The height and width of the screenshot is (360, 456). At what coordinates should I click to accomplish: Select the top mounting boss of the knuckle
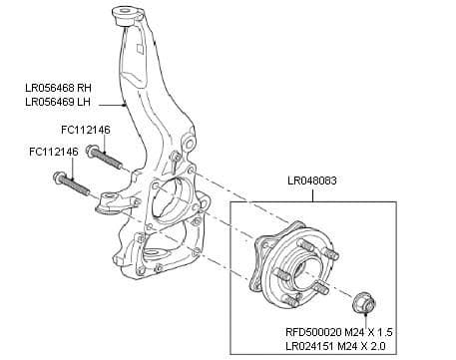(131, 16)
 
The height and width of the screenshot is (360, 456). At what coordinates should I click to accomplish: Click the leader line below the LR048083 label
(316, 194)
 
